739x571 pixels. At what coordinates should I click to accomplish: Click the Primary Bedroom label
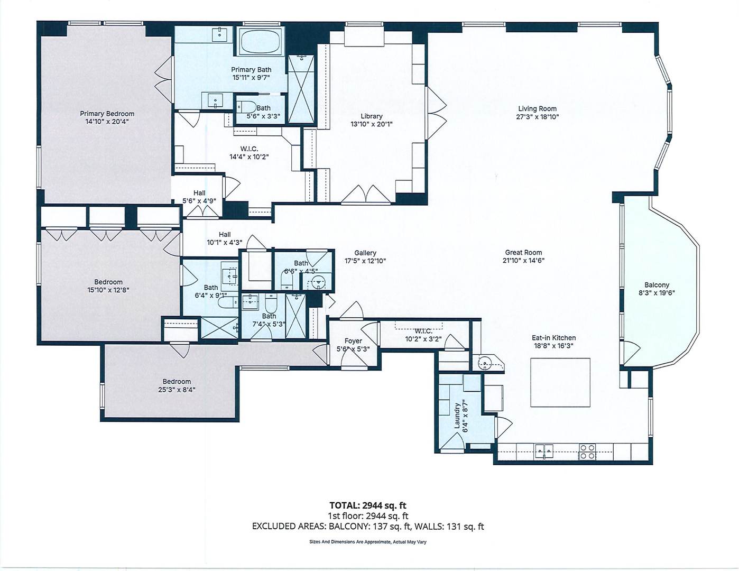tap(107, 114)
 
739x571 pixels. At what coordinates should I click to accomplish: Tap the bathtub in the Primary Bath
tap(260, 41)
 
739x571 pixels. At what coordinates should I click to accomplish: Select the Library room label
tap(372, 116)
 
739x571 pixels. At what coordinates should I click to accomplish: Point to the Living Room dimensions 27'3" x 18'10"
tap(537, 117)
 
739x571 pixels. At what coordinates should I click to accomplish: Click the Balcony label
tap(657, 285)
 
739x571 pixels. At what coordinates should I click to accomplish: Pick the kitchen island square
tap(560, 382)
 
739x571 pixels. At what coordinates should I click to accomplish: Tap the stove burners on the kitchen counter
tap(587, 452)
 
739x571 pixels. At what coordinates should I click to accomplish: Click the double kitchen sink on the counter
tap(544, 452)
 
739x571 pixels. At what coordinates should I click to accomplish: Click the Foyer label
tap(353, 341)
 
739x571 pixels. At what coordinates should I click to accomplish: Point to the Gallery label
tap(365, 253)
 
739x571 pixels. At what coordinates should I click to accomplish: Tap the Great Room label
tap(523, 252)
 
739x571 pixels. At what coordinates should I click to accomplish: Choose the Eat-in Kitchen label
tap(553, 338)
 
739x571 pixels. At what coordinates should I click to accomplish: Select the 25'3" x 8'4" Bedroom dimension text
tap(177, 390)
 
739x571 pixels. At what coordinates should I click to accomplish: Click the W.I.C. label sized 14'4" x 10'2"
tap(249, 149)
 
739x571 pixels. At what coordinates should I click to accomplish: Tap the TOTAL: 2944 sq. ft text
tap(367, 505)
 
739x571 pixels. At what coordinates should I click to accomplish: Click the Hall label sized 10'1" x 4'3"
tap(225, 234)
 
